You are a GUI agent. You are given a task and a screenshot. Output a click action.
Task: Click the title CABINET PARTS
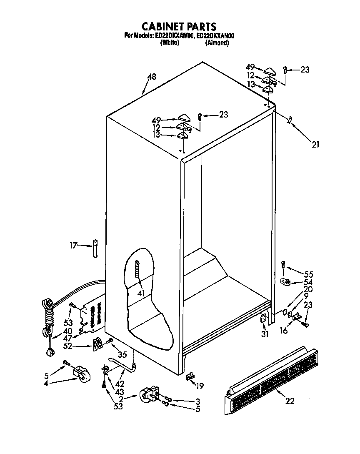180,28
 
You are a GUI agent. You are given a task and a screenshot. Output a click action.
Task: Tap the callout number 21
315,145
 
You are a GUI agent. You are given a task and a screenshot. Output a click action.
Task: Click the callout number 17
73,246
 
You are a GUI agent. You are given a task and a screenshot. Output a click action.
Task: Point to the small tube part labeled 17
95,248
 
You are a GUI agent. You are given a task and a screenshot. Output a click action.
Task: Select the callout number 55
308,274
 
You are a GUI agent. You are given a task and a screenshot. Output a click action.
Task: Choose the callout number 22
290,401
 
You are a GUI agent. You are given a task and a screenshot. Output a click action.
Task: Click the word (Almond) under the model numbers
217,43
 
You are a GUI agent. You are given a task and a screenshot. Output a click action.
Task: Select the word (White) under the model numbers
169,43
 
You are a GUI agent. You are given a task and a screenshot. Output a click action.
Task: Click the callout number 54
308,282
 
